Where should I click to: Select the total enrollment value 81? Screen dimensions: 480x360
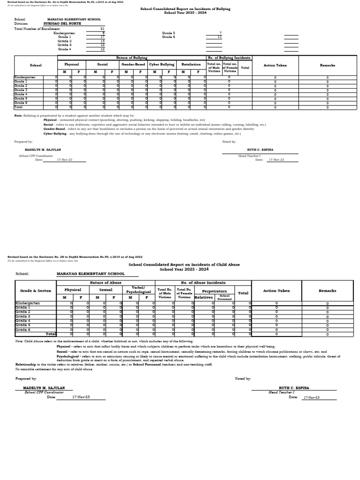click(x=102, y=29)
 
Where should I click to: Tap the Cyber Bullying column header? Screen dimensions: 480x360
click(x=161, y=65)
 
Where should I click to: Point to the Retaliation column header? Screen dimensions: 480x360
click(x=191, y=65)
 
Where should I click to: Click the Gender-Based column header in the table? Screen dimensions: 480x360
click(x=133, y=65)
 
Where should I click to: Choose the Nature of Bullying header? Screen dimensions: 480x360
click(x=131, y=58)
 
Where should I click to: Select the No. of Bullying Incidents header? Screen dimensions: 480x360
click(x=229, y=58)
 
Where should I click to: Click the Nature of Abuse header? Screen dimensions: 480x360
click(x=105, y=283)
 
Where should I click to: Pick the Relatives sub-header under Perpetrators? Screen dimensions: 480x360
click(x=203, y=297)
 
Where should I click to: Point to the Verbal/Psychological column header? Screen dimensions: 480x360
click(x=138, y=289)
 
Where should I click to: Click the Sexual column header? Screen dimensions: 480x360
click(x=105, y=290)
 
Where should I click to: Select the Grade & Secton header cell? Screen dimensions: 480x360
click(x=36, y=291)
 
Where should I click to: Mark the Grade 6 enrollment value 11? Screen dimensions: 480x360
click(x=219, y=37)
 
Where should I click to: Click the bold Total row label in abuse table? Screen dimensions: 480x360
click(x=51, y=334)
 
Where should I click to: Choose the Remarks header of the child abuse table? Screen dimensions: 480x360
click(x=327, y=291)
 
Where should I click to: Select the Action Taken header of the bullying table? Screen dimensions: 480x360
click(x=275, y=66)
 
